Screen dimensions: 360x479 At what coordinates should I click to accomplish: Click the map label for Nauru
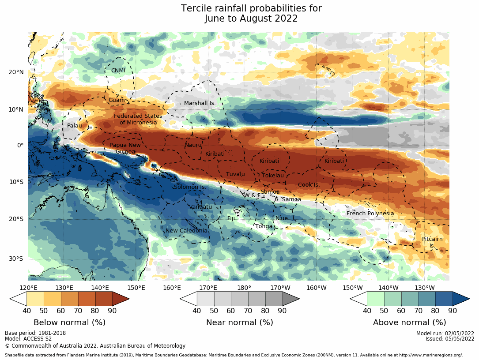pos(193,145)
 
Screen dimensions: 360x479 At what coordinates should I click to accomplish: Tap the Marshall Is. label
pos(200,103)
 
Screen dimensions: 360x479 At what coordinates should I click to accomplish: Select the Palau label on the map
pos(75,126)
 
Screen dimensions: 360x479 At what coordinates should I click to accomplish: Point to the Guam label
pos(117,100)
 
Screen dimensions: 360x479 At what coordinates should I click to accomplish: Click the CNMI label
pos(118,71)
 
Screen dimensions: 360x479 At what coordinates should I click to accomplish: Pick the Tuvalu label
pos(235,174)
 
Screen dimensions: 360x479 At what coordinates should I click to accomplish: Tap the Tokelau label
pos(273,176)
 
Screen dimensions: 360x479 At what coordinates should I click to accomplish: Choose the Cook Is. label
pos(309,185)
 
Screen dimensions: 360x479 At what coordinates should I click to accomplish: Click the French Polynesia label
pos(370,214)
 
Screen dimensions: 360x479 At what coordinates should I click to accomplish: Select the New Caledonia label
pos(186,231)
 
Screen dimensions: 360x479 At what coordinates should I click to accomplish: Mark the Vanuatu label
pos(201,206)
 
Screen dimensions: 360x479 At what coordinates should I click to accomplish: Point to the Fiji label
pos(231,218)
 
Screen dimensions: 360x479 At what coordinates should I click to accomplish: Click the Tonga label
pos(264,226)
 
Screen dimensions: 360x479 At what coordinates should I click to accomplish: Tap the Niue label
pos(282,218)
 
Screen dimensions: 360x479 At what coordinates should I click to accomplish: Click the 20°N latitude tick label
pos(16,72)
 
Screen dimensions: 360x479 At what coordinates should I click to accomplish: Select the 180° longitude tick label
pos(244,288)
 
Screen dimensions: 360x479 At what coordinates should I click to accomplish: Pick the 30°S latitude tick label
pos(16,259)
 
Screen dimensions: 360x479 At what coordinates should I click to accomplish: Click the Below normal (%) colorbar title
pos(69,322)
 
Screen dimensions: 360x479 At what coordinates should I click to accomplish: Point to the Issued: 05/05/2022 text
pos(450,339)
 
